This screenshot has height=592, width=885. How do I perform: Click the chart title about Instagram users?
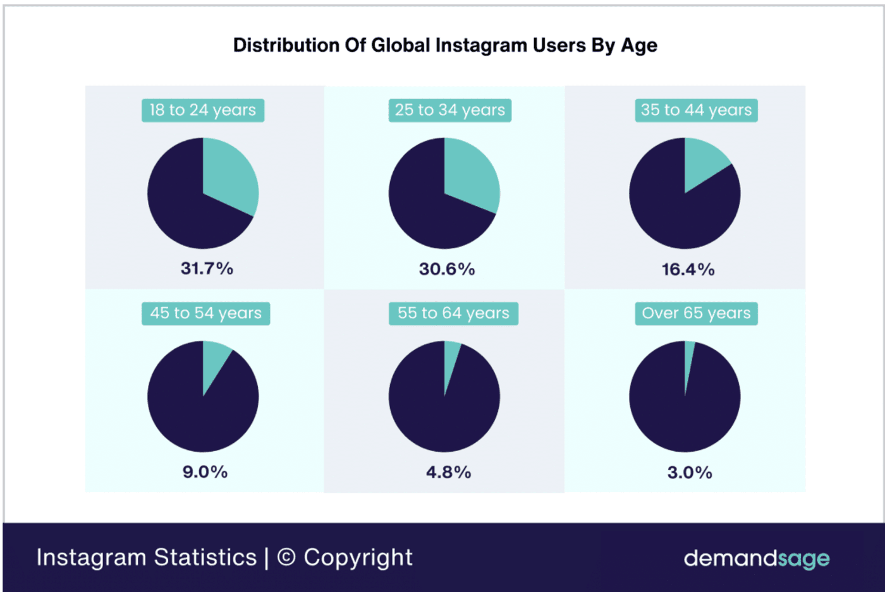(x=445, y=45)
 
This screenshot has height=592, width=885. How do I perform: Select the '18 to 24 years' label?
(x=203, y=110)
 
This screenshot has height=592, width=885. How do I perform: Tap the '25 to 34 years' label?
(x=449, y=110)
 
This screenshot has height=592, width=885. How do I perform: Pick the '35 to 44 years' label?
(x=696, y=110)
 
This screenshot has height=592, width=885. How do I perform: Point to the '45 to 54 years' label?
(x=205, y=313)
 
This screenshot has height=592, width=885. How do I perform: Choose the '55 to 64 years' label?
(x=453, y=313)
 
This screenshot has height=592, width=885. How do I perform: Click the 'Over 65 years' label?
(x=696, y=313)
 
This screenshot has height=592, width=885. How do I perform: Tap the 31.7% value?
(x=207, y=269)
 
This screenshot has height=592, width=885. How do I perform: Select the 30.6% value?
(x=447, y=269)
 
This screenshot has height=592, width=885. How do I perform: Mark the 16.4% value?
(x=688, y=270)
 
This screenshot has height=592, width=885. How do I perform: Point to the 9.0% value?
(x=205, y=472)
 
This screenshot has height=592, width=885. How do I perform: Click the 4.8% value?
(x=448, y=473)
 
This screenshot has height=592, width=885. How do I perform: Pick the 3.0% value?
(x=690, y=473)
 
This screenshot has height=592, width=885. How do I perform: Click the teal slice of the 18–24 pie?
(x=229, y=178)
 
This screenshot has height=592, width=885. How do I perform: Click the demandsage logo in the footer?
(x=756, y=559)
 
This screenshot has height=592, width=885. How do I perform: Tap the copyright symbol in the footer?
(x=286, y=557)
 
